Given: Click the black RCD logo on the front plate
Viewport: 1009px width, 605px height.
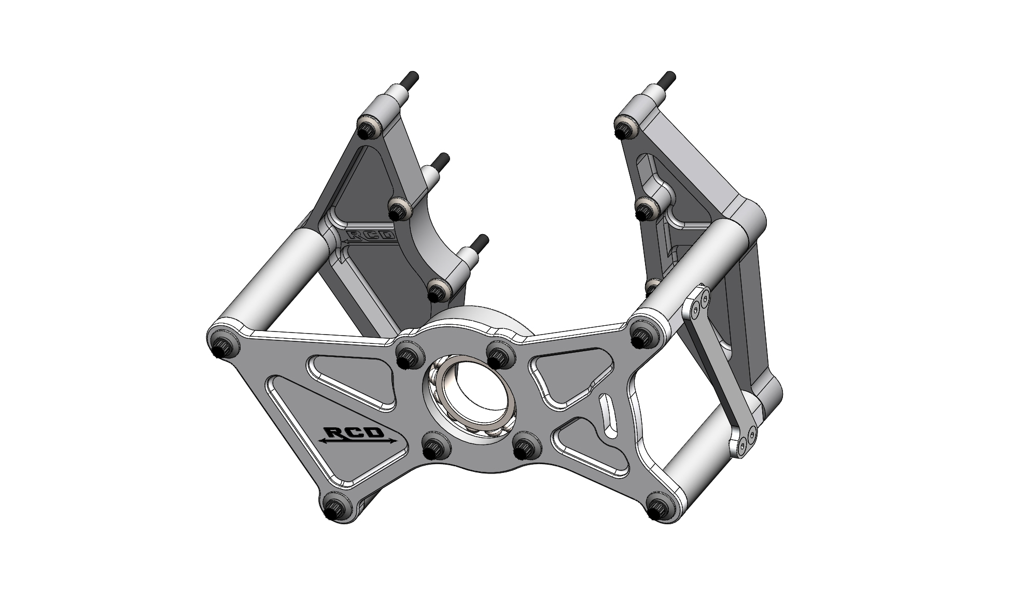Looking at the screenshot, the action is pos(358,436).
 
